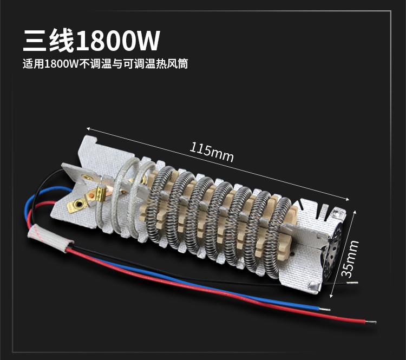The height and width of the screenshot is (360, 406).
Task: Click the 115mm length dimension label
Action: coord(212,152)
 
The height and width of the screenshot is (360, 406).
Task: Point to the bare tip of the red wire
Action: coord(376,321)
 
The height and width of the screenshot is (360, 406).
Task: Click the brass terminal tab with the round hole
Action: coord(78,204)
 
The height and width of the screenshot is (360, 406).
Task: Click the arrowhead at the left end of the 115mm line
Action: coord(89,129)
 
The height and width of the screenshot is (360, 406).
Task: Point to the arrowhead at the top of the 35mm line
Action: coord(357,215)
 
